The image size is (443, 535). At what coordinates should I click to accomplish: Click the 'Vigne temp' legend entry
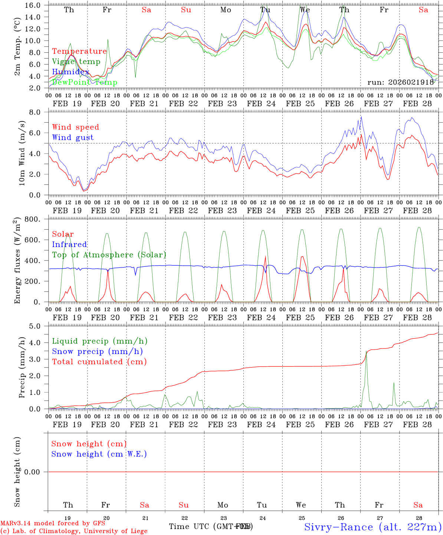(x=76, y=62)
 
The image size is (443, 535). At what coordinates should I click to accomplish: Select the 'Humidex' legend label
(x=70, y=72)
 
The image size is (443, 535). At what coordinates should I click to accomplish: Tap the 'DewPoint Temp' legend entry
(x=85, y=82)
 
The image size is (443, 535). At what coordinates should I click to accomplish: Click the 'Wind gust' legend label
(x=73, y=137)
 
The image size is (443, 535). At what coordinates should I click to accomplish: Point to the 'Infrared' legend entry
(x=69, y=244)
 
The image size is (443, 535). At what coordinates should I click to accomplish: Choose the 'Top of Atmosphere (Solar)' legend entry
(x=109, y=255)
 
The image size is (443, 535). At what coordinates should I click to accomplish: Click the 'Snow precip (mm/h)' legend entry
(x=97, y=351)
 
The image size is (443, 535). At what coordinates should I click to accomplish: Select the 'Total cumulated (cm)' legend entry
(x=99, y=362)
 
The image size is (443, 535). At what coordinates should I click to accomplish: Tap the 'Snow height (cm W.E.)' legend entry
(x=99, y=454)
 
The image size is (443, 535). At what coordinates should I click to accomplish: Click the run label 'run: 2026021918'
(x=400, y=82)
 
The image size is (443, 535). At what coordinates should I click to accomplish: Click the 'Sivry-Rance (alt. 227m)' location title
(x=373, y=527)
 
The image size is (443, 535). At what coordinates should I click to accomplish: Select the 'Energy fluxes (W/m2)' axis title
(x=17, y=262)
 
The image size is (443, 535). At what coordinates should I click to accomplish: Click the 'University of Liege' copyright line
(x=74, y=531)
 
